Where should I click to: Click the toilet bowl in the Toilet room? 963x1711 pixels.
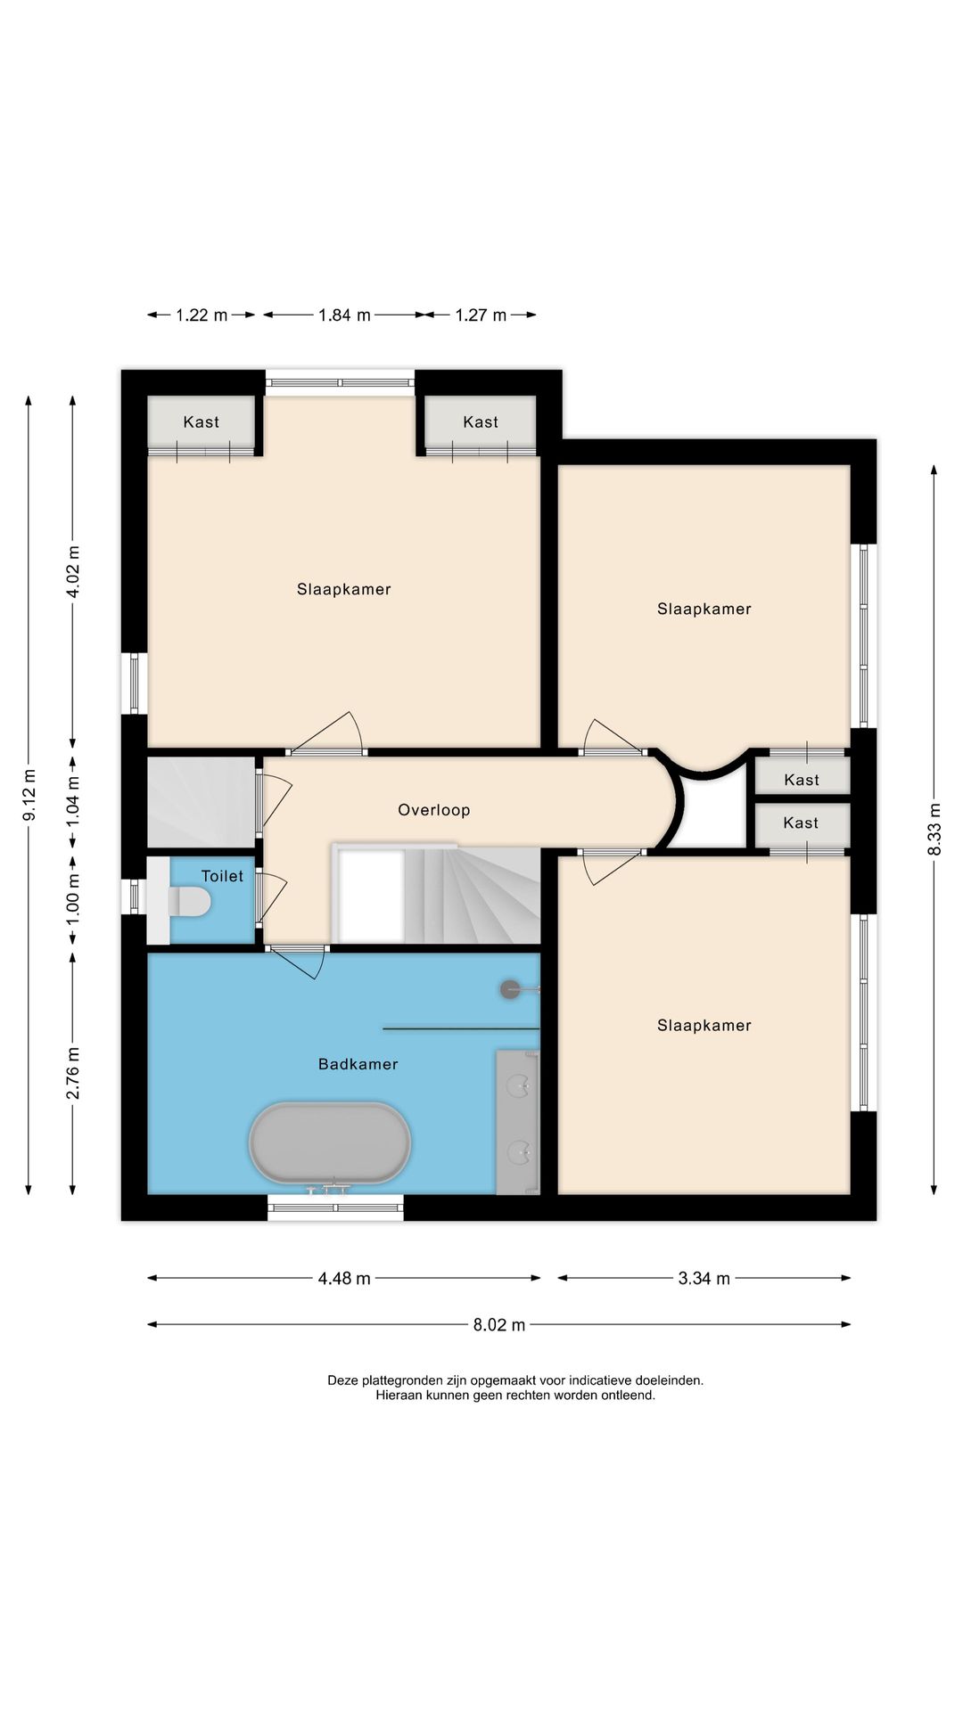[189, 902]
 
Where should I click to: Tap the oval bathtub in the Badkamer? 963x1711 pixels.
[330, 1143]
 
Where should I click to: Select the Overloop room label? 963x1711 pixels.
[434, 810]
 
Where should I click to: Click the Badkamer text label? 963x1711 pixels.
[358, 1064]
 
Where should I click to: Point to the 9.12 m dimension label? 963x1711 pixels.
[29, 795]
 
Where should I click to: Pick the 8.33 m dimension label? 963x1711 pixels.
[934, 830]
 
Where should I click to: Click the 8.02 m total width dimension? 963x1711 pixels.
[499, 1325]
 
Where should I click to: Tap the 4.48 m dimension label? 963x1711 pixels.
[344, 1279]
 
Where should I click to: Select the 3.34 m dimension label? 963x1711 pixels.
[704, 1279]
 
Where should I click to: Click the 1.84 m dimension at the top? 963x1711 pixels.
[344, 315]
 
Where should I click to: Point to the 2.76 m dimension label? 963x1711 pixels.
[73, 1073]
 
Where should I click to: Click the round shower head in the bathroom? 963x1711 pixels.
[510, 989]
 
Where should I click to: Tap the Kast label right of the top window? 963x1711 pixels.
[481, 422]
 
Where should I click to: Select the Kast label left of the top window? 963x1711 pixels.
[202, 422]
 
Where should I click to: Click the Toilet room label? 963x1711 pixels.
[222, 877]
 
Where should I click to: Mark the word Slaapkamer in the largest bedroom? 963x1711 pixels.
[344, 589]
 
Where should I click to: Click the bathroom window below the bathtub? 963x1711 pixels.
[335, 1208]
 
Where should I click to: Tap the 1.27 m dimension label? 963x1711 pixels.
[481, 315]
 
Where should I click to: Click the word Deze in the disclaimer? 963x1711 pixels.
[342, 1380]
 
